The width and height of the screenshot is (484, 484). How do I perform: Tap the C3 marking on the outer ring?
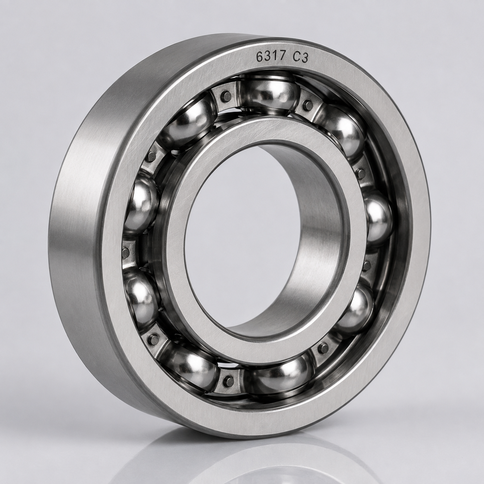tap(300, 58)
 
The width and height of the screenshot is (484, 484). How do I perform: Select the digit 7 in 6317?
tap(283, 57)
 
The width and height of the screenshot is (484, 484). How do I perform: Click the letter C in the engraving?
tap(296, 58)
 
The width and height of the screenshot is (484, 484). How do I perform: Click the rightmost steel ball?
tap(378, 219)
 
